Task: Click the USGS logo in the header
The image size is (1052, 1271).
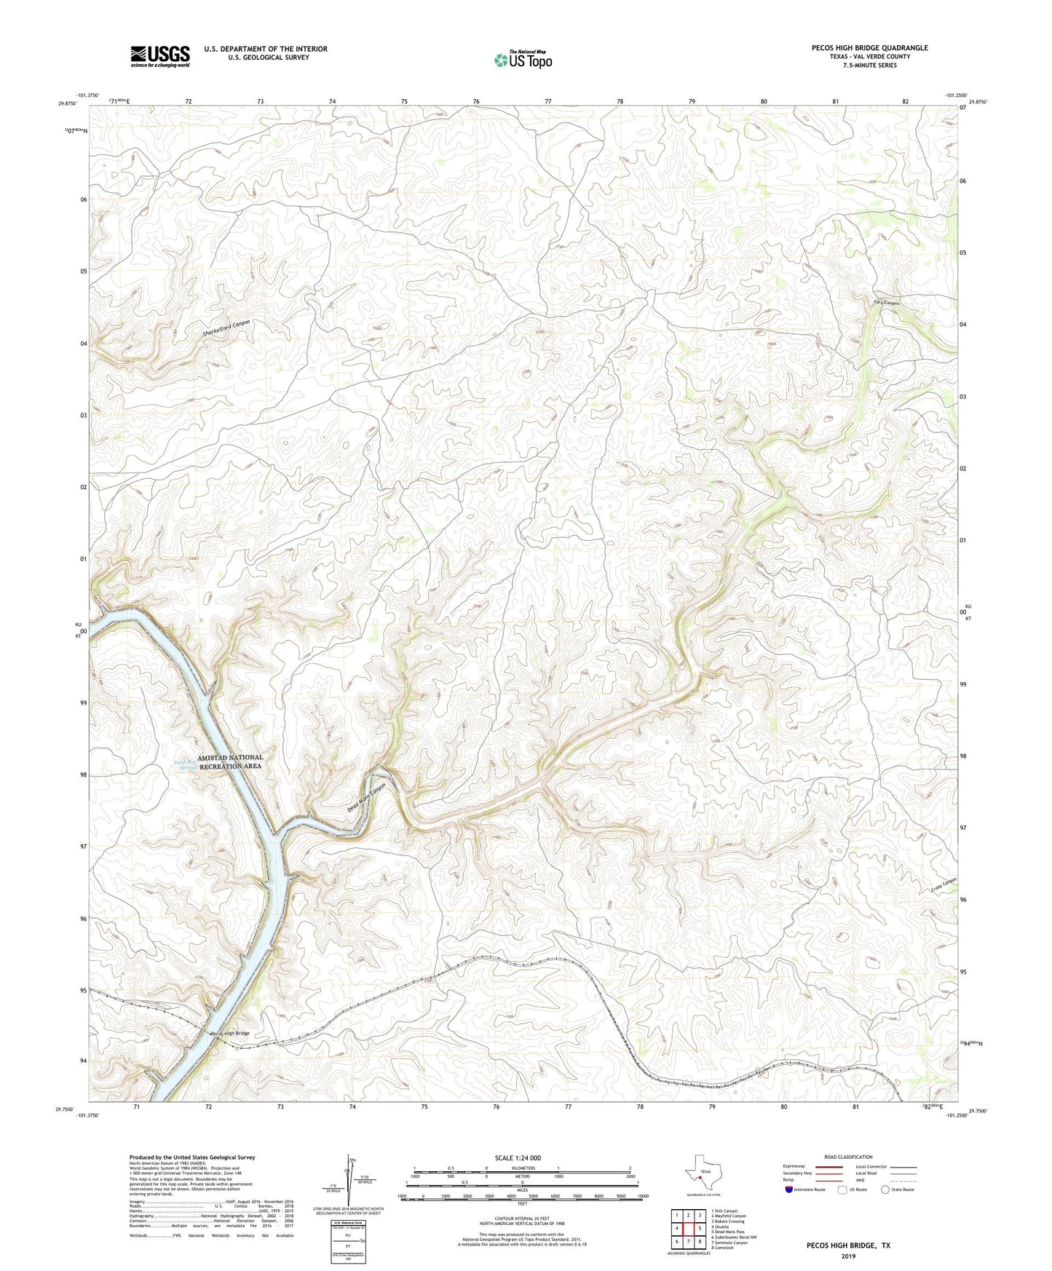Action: pyautogui.click(x=160, y=56)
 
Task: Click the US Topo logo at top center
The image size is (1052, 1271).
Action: pyautogui.click(x=523, y=60)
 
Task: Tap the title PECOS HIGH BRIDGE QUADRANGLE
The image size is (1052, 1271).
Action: pyautogui.click(x=869, y=48)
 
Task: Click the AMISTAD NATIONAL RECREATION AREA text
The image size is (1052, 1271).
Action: pyautogui.click(x=230, y=761)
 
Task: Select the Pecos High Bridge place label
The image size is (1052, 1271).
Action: pyautogui.click(x=230, y=1034)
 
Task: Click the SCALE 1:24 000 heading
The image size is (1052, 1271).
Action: pyautogui.click(x=518, y=1157)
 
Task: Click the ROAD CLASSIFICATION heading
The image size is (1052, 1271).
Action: pyautogui.click(x=848, y=1157)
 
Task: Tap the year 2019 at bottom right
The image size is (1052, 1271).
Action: pyautogui.click(x=847, y=1256)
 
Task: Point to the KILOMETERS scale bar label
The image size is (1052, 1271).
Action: pyautogui.click(x=523, y=1168)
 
